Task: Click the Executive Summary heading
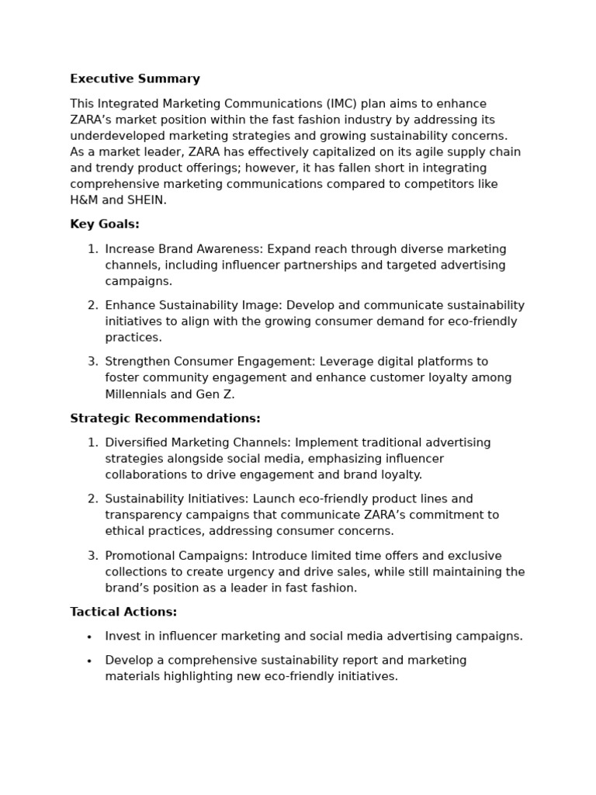coord(135,79)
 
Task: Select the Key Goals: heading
coord(105,224)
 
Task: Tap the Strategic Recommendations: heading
coord(165,418)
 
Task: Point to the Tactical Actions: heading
coord(123,612)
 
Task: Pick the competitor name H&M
coord(85,200)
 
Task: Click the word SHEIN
coord(146,200)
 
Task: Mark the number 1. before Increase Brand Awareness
coord(92,249)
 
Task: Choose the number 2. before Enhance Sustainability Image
coord(92,305)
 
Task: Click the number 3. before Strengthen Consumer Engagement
coord(92,362)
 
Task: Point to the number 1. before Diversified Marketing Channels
coord(92,443)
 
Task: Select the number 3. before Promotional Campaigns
coord(92,556)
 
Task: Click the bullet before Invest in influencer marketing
coord(89,637)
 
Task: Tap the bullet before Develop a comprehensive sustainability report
coord(89,661)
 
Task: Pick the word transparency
coord(142,515)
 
